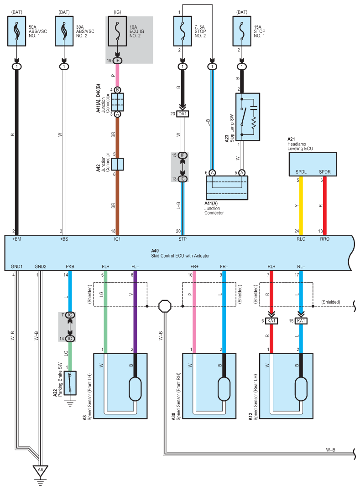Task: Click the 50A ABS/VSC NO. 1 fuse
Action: pyautogui.click(x=16, y=31)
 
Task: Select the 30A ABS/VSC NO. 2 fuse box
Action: pyautogui.click(x=64, y=31)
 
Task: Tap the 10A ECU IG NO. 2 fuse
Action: pyautogui.click(x=117, y=31)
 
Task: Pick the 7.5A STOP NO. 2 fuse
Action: pyautogui.click(x=183, y=31)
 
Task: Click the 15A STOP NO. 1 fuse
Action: pyautogui.click(x=242, y=31)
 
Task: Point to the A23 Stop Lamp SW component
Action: pyautogui.click(x=248, y=117)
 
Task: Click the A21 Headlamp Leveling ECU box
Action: pyautogui.click(x=313, y=164)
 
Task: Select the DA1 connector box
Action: pyautogui.click(x=183, y=114)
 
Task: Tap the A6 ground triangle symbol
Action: pyautogui.click(x=40, y=471)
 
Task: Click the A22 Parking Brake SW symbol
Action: pyautogui.click(x=70, y=383)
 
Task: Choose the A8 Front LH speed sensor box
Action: pyautogui.click(x=120, y=386)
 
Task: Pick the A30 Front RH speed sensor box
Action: pyautogui.click(x=209, y=386)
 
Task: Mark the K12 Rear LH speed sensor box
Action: pyautogui.click(x=286, y=386)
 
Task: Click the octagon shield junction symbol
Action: pyautogui.click(x=165, y=306)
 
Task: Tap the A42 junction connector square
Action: pyautogui.click(x=118, y=164)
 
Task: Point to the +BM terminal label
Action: pyautogui.click(x=16, y=239)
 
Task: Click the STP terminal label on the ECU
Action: pyautogui.click(x=183, y=239)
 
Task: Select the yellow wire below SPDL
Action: pyautogui.click(x=301, y=206)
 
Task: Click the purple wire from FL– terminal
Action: pyautogui.click(x=135, y=312)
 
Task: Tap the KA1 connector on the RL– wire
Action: pyautogui.click(x=301, y=321)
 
